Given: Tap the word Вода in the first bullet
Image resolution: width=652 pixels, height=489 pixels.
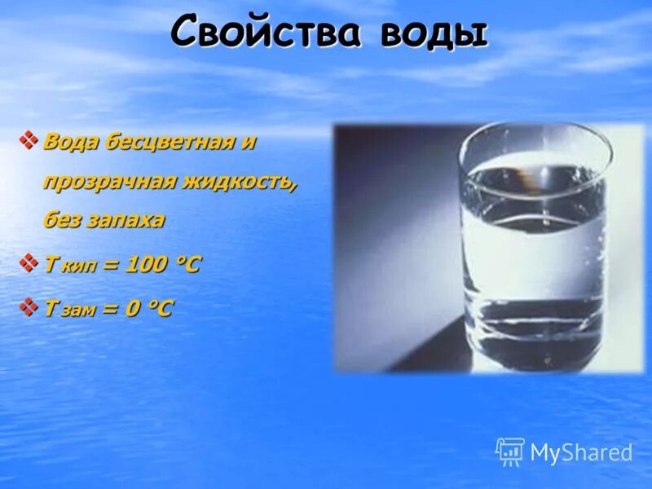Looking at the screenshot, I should pos(70,142).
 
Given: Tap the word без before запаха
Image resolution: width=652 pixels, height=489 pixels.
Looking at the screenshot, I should pos(62,220).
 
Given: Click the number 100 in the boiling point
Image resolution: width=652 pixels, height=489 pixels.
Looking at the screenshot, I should pos(144,265).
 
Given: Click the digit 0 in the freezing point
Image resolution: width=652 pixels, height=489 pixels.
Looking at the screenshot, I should pos(134,309).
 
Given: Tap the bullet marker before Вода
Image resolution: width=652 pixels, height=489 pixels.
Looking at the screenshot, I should pos(29,141).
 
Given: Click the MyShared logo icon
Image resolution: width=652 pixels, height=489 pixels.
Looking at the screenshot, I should pos(509,452).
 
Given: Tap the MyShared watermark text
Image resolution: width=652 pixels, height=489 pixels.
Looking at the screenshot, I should pos(581,453).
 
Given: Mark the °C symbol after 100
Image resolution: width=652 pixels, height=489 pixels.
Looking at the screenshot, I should pos(185,265).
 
